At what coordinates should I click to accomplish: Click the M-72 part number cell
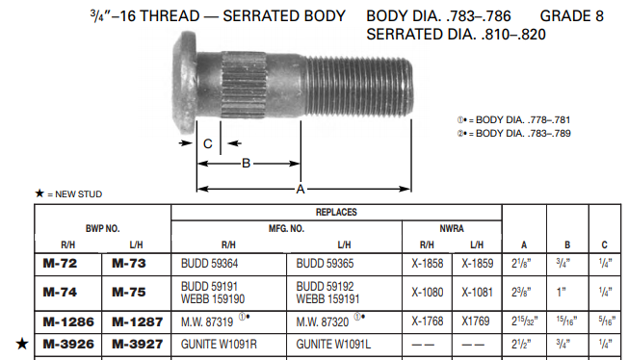60,263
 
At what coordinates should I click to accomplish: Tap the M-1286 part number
67,321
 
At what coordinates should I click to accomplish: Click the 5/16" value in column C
603,321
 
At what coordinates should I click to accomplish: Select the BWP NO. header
102,227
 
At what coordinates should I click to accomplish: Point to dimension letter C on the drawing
207,144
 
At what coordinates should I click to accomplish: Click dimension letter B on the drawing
246,164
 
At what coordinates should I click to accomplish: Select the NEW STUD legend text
74,193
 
